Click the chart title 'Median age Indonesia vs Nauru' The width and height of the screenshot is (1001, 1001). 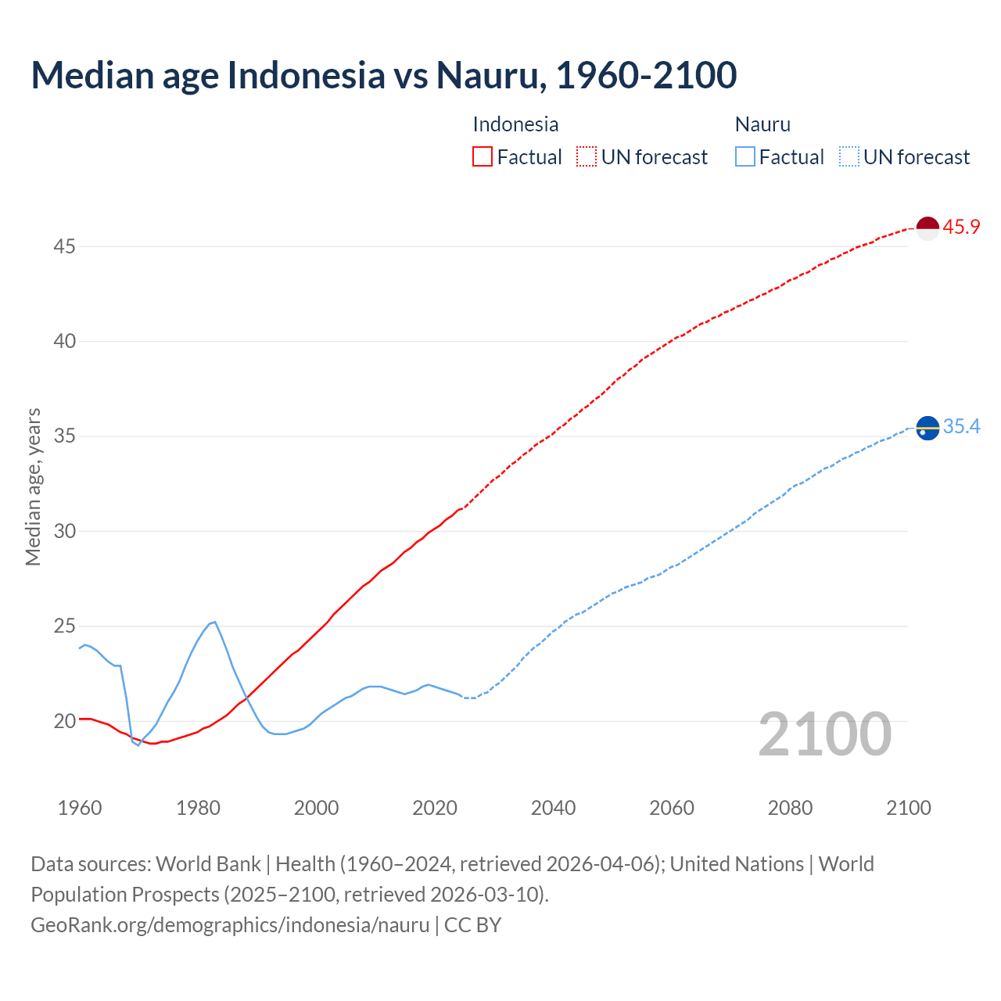(x=383, y=75)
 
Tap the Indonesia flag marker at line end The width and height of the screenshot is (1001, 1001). (x=927, y=228)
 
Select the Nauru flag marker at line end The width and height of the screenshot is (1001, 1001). (x=927, y=429)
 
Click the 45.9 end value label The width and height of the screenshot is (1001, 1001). (x=961, y=228)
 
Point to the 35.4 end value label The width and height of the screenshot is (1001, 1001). (x=961, y=426)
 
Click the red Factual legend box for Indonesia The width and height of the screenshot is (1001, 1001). (x=483, y=157)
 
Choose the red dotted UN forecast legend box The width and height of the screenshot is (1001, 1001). (x=587, y=157)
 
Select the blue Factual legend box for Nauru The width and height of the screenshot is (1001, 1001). (x=745, y=157)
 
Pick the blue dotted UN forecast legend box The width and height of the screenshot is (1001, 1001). (x=849, y=157)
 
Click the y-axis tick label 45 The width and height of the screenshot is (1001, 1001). (x=64, y=246)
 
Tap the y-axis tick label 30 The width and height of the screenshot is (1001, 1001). (x=64, y=531)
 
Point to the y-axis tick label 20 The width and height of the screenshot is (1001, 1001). (x=64, y=721)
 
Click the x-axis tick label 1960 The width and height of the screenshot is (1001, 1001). (x=80, y=808)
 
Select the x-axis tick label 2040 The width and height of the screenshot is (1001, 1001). (x=553, y=808)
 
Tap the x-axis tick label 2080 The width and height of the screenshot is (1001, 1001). (x=790, y=808)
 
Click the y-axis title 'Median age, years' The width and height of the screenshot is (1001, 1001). (x=33, y=486)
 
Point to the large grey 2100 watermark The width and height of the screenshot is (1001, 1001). (x=824, y=734)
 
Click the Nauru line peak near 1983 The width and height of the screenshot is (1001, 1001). (x=214, y=622)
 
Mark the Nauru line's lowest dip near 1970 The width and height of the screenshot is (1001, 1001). (x=138, y=744)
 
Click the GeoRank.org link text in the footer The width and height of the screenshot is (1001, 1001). (x=230, y=925)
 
